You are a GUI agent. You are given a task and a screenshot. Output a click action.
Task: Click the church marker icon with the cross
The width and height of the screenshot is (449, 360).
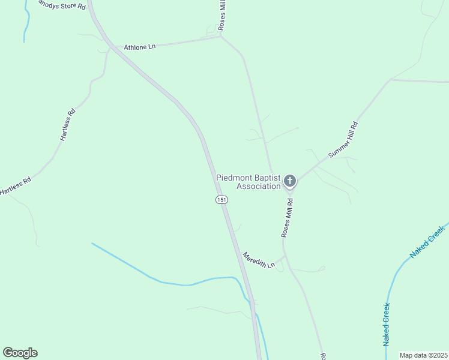coord(290,181)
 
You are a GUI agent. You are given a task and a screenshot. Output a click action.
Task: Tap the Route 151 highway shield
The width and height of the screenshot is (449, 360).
coord(222,199)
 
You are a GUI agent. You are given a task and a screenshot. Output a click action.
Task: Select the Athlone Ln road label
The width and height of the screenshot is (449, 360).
coord(139,46)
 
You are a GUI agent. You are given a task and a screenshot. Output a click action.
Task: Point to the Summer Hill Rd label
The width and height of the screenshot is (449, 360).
coord(343,140)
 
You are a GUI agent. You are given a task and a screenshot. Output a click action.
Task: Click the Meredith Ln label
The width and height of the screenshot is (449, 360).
coord(258,260)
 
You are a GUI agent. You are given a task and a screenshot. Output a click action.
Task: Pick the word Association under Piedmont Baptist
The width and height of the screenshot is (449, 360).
coord(259,187)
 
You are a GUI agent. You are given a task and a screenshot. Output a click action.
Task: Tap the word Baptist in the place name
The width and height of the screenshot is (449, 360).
coord(269,178)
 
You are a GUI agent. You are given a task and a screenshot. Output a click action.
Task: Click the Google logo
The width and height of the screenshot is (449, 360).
coord(20,353)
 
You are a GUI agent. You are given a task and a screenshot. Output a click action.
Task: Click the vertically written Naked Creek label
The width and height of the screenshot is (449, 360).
coord(386,325)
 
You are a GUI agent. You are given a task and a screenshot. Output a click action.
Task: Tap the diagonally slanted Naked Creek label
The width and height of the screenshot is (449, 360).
coord(427,242)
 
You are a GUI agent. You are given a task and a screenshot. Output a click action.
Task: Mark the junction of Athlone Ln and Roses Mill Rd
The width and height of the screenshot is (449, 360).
coord(220,37)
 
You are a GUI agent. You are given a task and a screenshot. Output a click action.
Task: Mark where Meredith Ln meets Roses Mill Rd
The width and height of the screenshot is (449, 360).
coord(285,256)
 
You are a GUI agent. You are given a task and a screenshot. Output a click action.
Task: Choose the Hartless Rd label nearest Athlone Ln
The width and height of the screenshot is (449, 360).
coord(68,124)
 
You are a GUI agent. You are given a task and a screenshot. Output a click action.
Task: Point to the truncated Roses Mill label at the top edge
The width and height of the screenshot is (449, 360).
coord(221,14)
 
